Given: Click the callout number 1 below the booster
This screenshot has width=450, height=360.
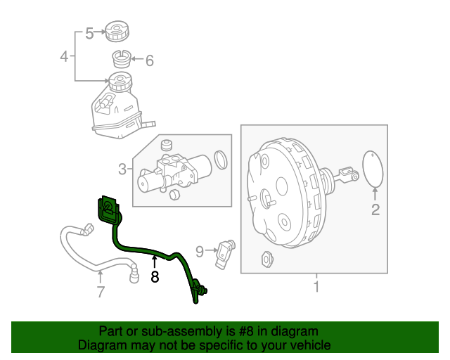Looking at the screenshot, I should (x=316, y=286).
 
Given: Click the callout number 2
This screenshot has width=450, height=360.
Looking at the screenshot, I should (x=375, y=210).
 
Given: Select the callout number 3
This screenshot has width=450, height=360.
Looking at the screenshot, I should (x=122, y=169).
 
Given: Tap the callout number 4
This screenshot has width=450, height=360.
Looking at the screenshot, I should (x=64, y=56).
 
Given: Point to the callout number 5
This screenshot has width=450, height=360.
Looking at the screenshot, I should (x=89, y=32).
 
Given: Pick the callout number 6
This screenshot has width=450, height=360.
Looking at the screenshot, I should (x=149, y=61).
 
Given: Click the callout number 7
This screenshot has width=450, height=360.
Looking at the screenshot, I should (x=101, y=291).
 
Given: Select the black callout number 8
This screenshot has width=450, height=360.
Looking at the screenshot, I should (x=155, y=277).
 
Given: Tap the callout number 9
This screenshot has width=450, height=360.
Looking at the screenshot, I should (x=200, y=250).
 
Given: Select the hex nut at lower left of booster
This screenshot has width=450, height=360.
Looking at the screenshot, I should (x=267, y=258).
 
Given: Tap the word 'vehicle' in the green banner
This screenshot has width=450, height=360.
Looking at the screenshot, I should (x=309, y=345).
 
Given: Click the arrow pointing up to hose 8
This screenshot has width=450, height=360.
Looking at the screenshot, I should (x=155, y=262).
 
